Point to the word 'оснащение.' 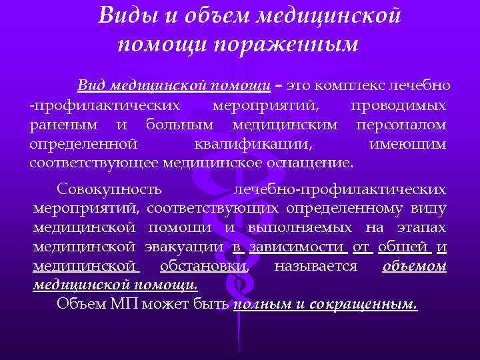click(x=317, y=162)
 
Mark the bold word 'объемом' click(x=414, y=266)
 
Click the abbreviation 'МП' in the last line click(x=123, y=305)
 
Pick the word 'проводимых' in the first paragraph click(x=399, y=105)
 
